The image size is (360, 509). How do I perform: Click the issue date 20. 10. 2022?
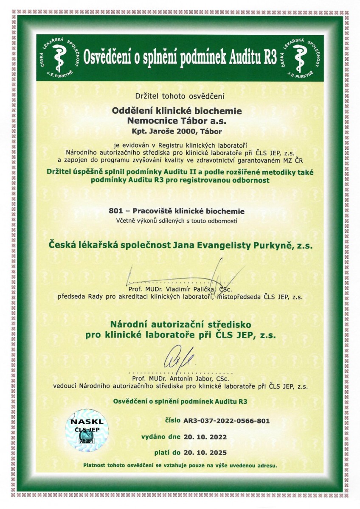pyautogui.click(x=205, y=436)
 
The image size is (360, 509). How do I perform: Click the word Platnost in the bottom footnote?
pyautogui.click(x=96, y=465)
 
